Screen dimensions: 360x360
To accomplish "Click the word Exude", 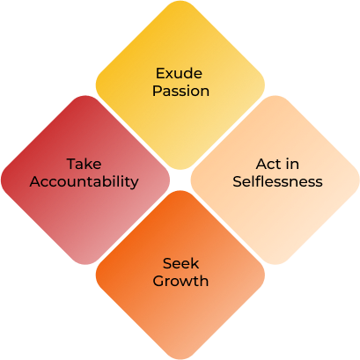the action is click(179, 73).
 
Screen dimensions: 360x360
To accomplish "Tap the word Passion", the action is click(180, 91).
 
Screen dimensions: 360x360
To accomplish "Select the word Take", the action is click(84, 164).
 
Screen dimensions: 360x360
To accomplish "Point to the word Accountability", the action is click(84, 182).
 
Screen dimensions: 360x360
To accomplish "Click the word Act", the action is click(267, 164).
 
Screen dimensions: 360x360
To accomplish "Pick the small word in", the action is click(292, 164).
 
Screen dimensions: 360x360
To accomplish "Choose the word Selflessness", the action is click(277, 181).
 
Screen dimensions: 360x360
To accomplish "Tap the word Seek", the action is click(180, 263).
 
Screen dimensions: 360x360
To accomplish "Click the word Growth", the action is click(180, 281).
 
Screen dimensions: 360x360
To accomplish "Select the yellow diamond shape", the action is click(180, 85).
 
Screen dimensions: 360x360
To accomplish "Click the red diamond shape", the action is click(85, 180).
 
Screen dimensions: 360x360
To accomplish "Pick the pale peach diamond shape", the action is click(276, 180).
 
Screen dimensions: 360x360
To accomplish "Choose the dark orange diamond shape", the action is click(180, 275).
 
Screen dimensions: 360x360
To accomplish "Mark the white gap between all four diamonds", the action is click(180, 180).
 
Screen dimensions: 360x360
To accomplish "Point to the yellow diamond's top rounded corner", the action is click(180, 2).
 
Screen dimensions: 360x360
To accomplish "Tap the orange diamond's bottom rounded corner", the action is click(180, 358).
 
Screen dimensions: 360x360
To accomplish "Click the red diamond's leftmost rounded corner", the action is click(3, 180).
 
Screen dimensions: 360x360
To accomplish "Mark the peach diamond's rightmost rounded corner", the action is click(358, 180).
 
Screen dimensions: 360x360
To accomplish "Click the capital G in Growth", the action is click(158, 281).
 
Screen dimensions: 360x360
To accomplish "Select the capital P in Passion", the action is click(157, 91).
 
